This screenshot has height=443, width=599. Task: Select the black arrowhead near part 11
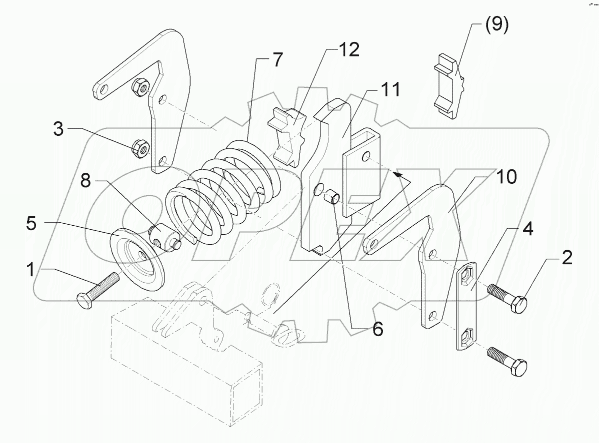click(x=397, y=174)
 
